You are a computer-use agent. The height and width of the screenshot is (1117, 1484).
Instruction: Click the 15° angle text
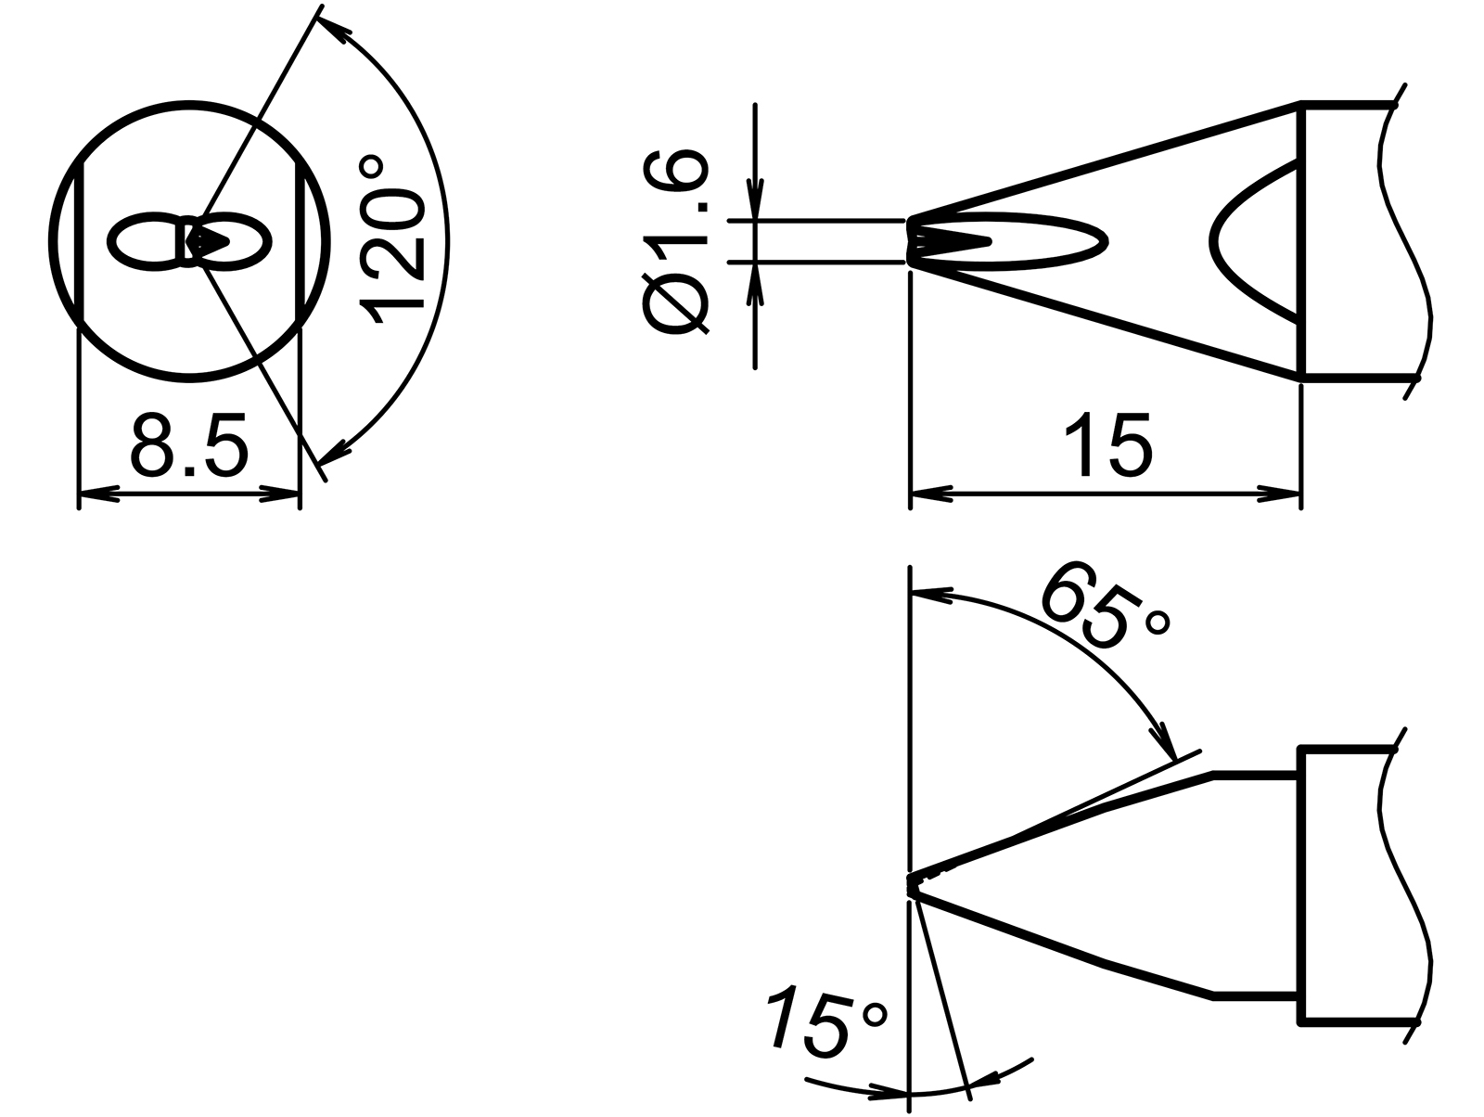click(826, 1023)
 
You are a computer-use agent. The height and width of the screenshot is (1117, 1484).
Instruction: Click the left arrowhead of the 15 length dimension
click(931, 495)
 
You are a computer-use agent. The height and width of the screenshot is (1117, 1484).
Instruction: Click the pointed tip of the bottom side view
click(912, 885)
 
